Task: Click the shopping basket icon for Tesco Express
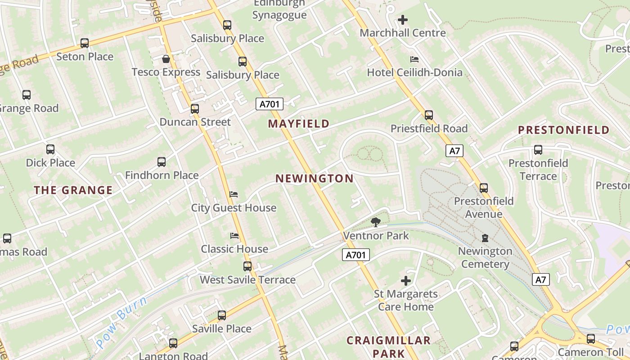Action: coord(166,59)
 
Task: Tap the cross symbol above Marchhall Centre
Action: coord(403,20)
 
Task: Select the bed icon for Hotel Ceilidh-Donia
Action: coord(414,59)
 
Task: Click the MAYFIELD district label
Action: coord(299,123)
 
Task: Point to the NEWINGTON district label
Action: coord(315,179)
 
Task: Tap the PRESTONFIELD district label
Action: coord(564,130)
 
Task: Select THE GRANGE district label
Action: coord(73,190)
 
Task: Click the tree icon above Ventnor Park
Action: coord(375,222)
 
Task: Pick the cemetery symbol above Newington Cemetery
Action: coord(485,238)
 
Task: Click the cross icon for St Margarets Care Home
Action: coord(406,281)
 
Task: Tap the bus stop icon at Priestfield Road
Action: coord(429,115)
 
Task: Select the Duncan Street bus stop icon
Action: coord(195,108)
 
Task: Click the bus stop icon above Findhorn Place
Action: coord(162,162)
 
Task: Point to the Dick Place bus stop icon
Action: coord(50,149)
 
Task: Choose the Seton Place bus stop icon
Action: coord(85,43)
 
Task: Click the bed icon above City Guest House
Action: coord(234,194)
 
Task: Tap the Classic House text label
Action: coord(234,249)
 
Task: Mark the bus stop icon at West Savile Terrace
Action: coord(247,266)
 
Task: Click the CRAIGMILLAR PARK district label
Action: coord(389,346)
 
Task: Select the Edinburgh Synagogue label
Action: coord(279,9)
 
